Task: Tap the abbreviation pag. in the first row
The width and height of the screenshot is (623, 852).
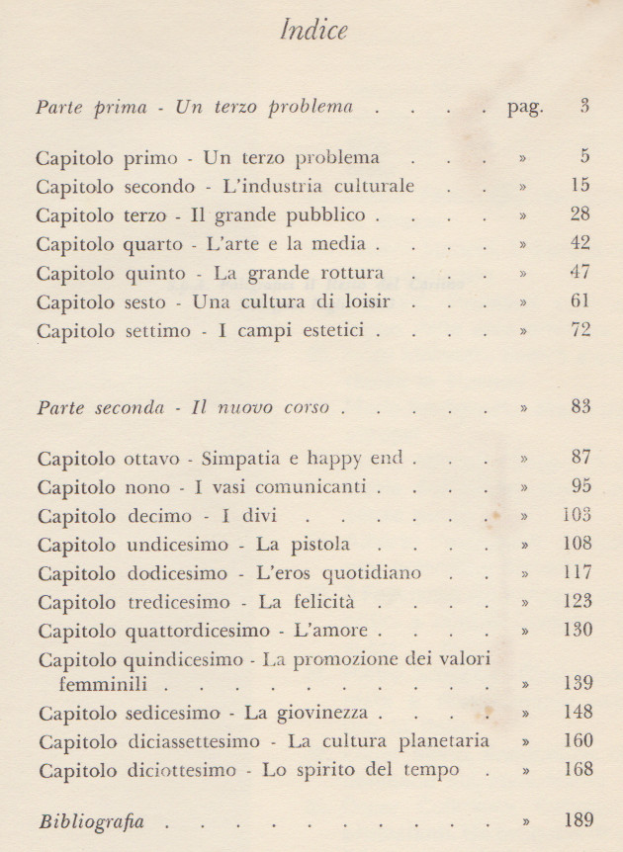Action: click(523, 108)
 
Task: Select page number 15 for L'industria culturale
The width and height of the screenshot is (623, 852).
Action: click(580, 186)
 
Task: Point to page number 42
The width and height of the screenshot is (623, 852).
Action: click(580, 243)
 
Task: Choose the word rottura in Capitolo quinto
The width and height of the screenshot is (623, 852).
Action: click(350, 272)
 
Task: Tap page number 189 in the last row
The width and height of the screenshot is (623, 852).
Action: click(576, 819)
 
